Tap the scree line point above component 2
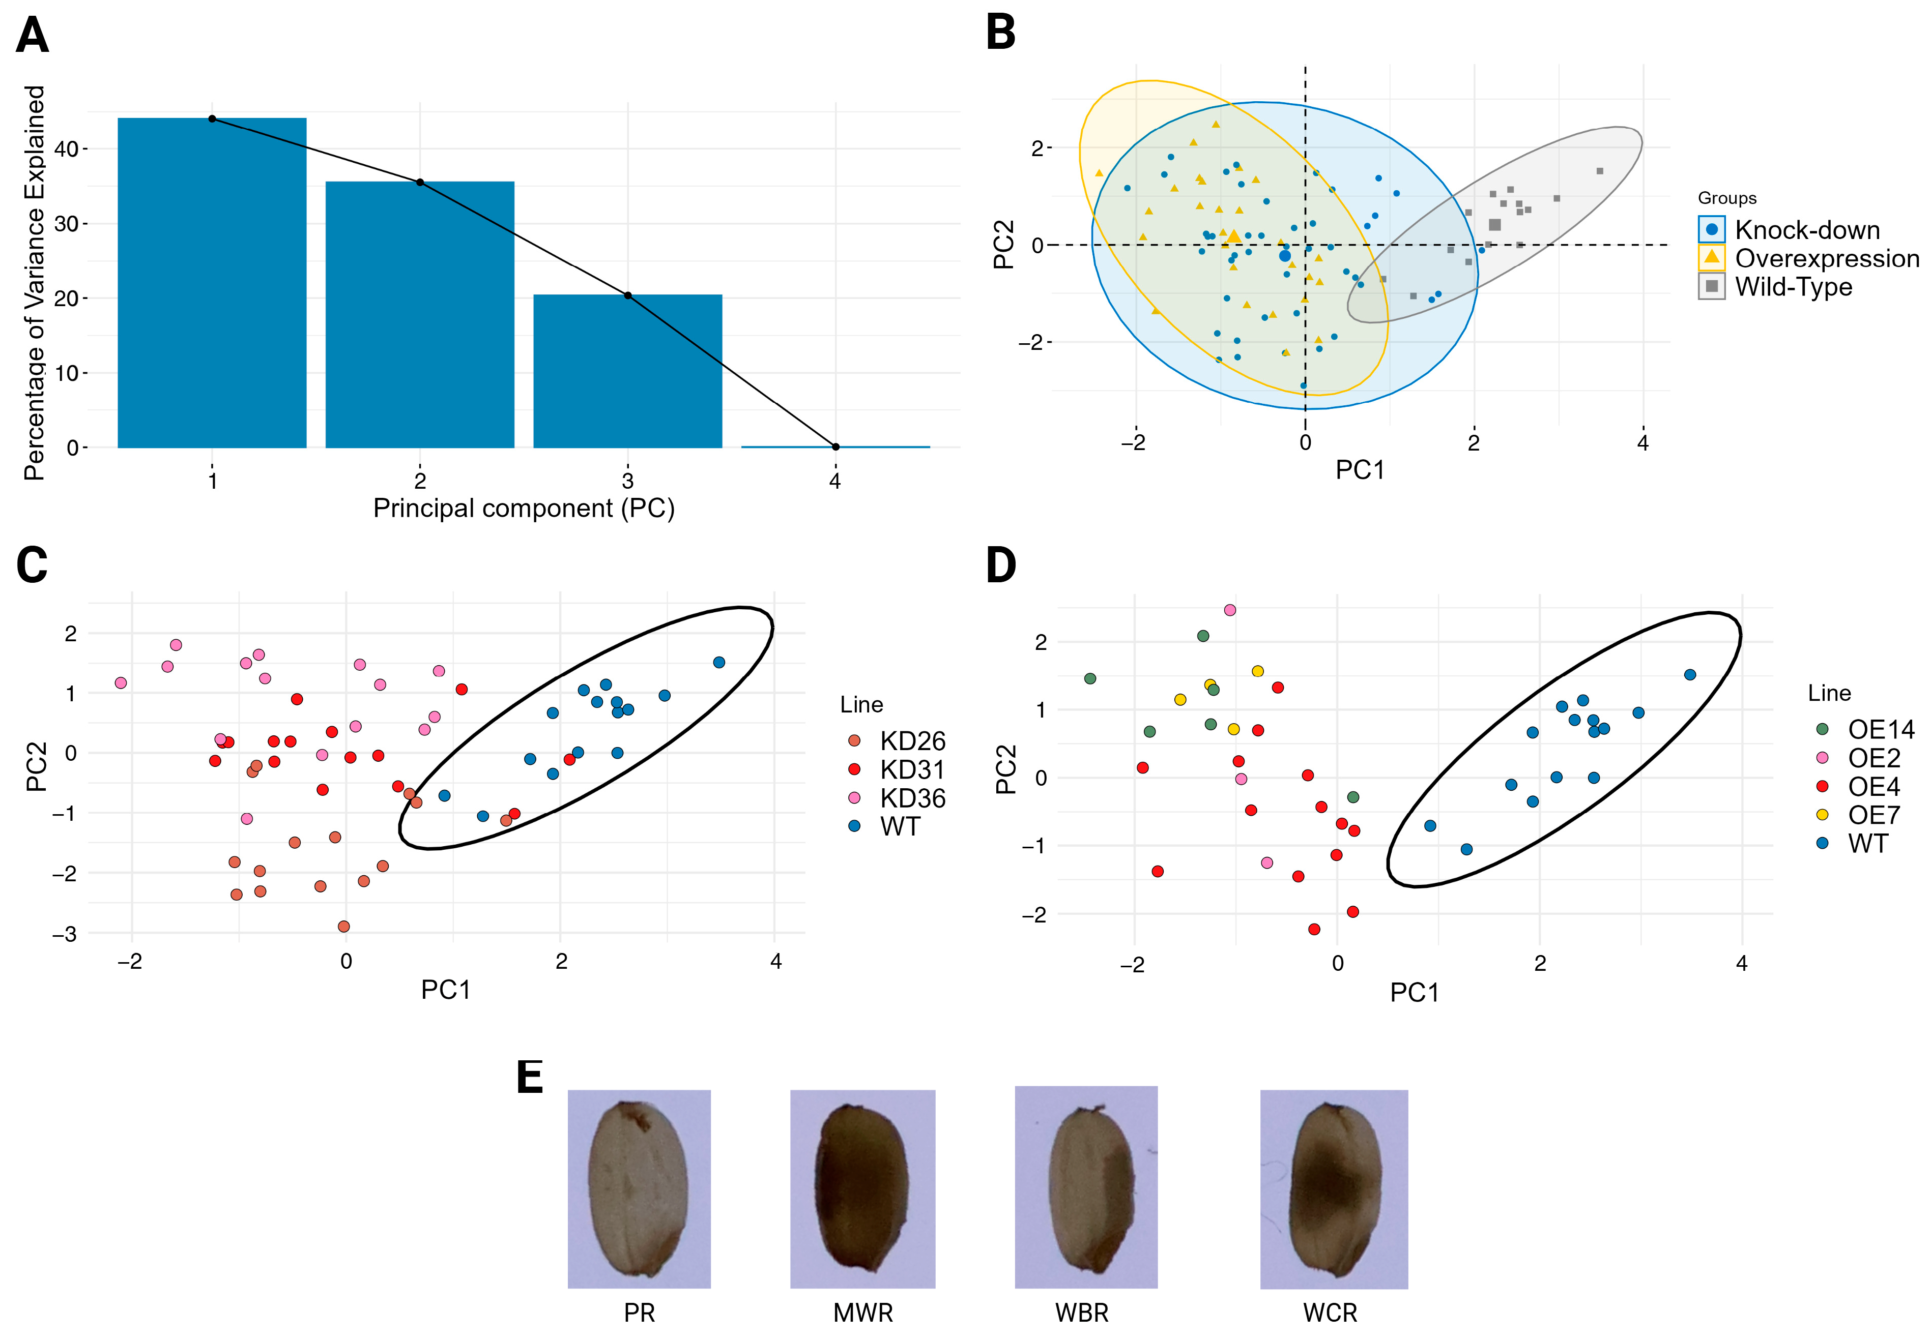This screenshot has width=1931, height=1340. point(420,182)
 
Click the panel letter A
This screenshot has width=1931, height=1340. point(33,36)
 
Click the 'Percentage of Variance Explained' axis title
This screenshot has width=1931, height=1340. point(35,283)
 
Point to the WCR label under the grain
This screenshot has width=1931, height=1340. point(1330,1313)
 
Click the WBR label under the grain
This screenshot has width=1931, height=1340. point(1082,1313)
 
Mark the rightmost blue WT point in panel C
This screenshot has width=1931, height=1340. point(719,663)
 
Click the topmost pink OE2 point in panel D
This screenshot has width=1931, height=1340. point(1230,610)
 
